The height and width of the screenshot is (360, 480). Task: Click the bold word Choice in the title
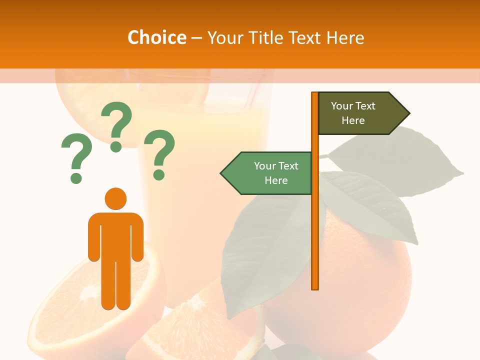click(156, 37)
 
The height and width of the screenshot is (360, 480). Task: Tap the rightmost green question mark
click(159, 153)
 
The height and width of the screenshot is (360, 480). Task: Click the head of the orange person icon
click(115, 198)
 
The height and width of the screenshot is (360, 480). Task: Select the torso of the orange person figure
click(115, 235)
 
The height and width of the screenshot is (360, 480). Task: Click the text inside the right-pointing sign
click(353, 113)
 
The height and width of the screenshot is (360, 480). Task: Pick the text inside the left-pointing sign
click(276, 173)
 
